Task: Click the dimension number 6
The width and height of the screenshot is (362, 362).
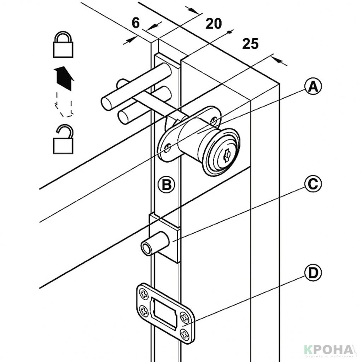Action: pos(135,23)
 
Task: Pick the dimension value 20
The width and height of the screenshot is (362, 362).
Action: pos(213,23)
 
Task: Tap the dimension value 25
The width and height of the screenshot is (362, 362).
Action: pos(250,44)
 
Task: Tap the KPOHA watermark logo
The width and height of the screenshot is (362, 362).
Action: pos(328,350)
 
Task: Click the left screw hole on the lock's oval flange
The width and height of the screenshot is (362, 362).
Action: pos(168,147)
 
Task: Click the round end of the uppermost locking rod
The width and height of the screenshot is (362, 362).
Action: pos(107,103)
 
